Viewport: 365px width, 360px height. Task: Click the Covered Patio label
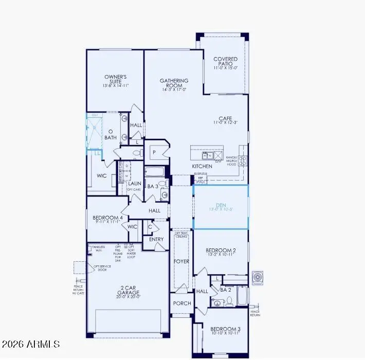click(226, 62)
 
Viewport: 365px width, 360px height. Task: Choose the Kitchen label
click(202, 167)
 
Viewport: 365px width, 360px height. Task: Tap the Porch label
click(181, 303)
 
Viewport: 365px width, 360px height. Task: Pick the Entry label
click(156, 239)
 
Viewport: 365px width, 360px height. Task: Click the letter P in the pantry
click(153, 152)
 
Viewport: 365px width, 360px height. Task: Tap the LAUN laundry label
click(135, 183)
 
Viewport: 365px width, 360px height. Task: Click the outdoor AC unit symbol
click(258, 278)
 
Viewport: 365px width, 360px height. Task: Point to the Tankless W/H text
click(98, 248)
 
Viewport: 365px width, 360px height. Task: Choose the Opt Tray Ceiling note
click(181, 235)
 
